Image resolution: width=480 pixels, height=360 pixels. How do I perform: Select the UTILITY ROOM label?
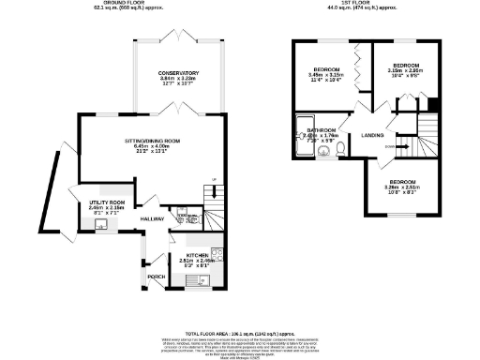tap(107, 202)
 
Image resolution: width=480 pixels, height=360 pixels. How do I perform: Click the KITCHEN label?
tap(197, 255)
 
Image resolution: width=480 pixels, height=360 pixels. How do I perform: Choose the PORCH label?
tap(156, 277)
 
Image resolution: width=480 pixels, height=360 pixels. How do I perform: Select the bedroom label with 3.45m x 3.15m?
tap(326, 70)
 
